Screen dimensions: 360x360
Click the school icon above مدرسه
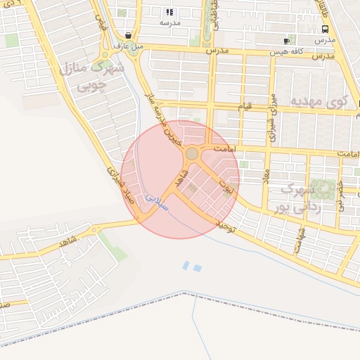tap(169, 12)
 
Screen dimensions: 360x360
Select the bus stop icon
tap(325, 30)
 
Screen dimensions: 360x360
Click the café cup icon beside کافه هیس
tap(285, 41)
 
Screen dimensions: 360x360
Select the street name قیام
tap(245, 106)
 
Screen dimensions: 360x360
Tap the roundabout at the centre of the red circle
tap(191, 153)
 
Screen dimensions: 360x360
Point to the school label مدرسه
tap(169, 23)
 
